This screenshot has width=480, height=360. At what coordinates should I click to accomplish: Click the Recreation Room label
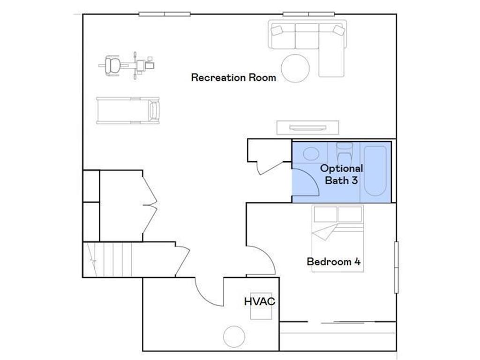point(233,77)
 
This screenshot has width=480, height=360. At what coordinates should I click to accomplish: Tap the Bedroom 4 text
point(333,262)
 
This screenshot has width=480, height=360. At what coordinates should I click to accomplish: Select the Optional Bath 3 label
point(341,174)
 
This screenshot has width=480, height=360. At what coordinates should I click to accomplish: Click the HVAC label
point(259,301)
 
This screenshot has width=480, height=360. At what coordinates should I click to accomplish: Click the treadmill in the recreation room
point(128,111)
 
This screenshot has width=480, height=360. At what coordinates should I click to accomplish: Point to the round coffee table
point(295,68)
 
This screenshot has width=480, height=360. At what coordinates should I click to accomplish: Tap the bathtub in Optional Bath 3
point(375,171)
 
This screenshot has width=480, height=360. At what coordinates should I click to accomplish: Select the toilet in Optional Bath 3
point(345,153)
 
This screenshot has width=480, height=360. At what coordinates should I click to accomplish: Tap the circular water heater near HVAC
point(234,337)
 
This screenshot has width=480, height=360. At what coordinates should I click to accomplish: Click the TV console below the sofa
point(307,127)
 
